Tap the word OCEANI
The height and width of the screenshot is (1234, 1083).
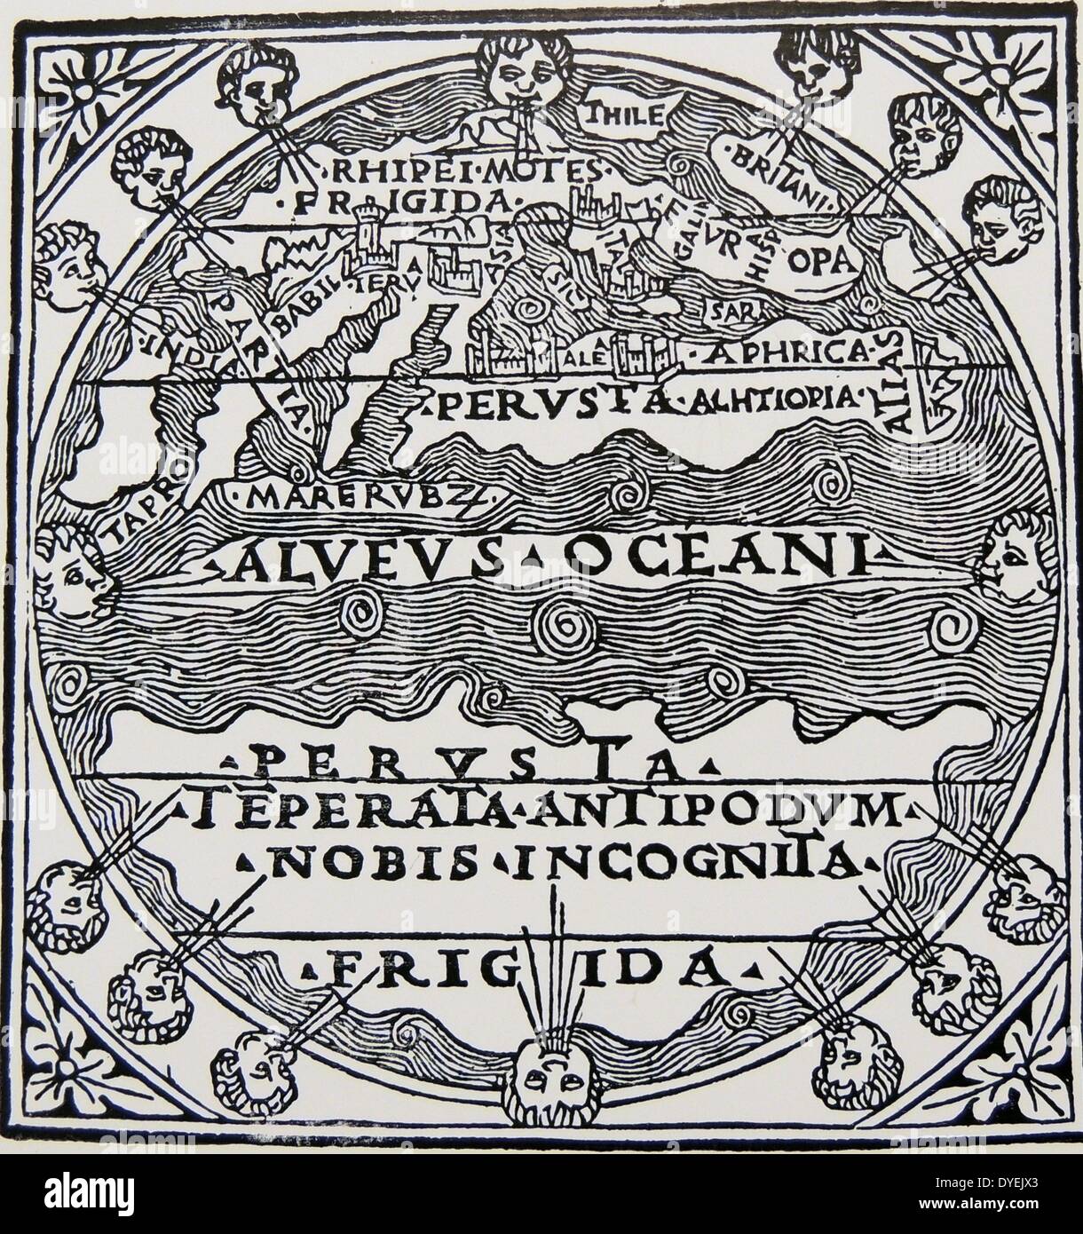click(x=707, y=558)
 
